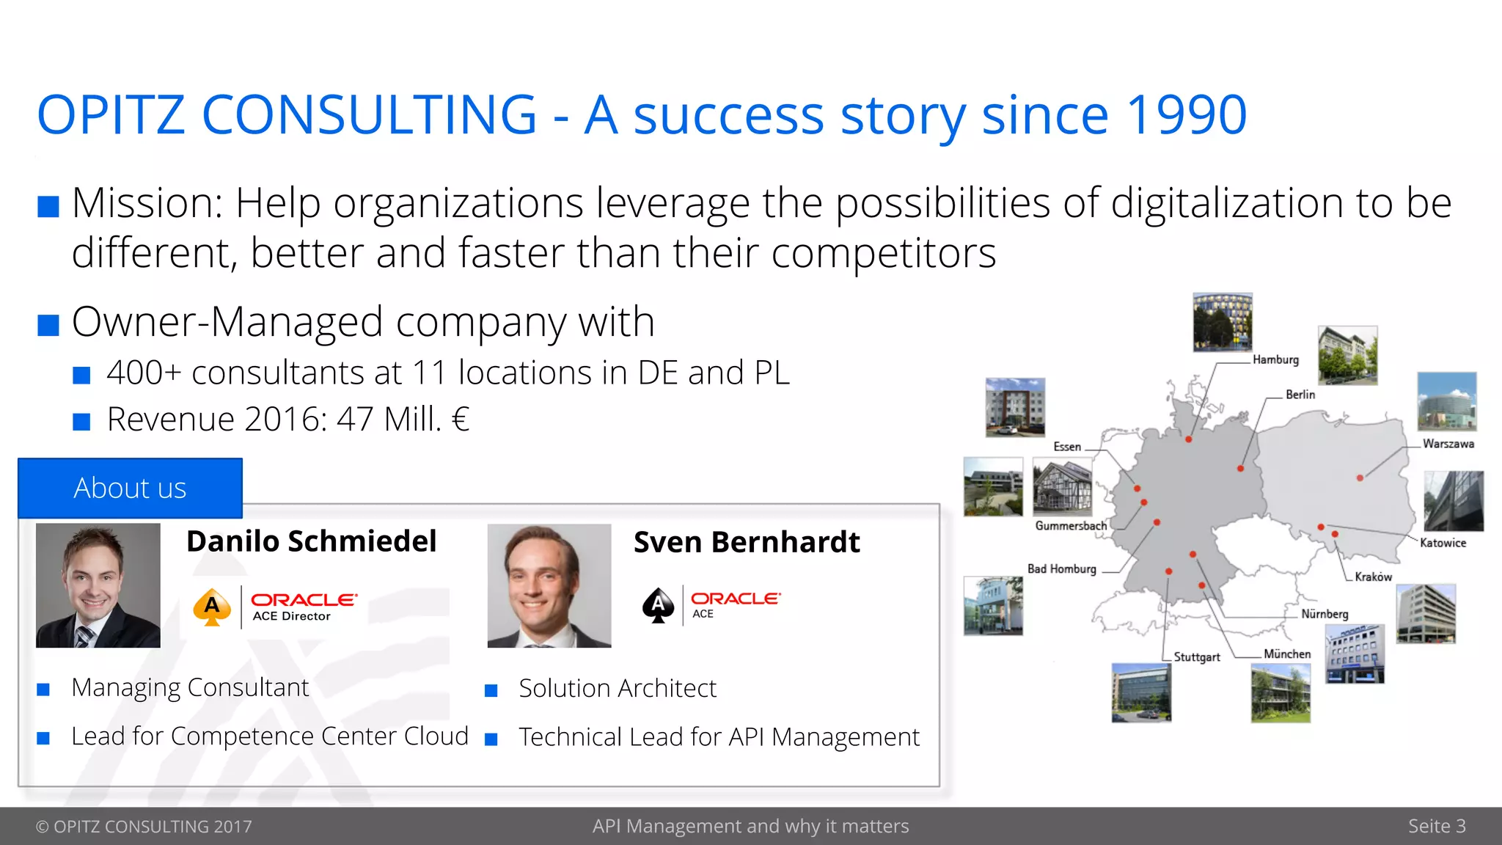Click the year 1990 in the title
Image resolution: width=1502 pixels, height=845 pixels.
pyautogui.click(x=1186, y=116)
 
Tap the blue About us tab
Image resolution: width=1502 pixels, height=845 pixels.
pyautogui.click(x=130, y=489)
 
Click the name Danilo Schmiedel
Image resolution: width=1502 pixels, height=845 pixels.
pyautogui.click(x=311, y=541)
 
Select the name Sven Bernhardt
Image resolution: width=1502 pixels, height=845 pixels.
pyautogui.click(x=746, y=543)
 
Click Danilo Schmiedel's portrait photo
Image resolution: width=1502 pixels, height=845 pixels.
pyautogui.click(x=98, y=585)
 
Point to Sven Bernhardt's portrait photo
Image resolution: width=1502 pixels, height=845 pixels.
pyautogui.click(x=549, y=585)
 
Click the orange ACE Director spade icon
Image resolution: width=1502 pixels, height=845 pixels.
pyautogui.click(x=212, y=607)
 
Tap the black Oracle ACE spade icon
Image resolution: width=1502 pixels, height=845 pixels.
pyautogui.click(x=658, y=605)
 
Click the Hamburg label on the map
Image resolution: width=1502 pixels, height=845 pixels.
pyautogui.click(x=1275, y=359)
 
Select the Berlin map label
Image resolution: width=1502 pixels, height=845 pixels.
pyautogui.click(x=1300, y=395)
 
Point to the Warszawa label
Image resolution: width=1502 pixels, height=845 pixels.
pyautogui.click(x=1448, y=444)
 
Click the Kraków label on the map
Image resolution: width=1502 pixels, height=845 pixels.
pyautogui.click(x=1373, y=577)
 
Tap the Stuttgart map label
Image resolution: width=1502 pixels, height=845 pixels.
pyautogui.click(x=1197, y=657)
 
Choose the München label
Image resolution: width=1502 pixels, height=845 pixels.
pyautogui.click(x=1287, y=654)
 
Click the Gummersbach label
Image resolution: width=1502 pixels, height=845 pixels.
pyautogui.click(x=1071, y=526)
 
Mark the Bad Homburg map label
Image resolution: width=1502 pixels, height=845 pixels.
pyautogui.click(x=1061, y=569)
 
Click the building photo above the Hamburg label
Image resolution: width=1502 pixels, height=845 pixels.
pyautogui.click(x=1222, y=322)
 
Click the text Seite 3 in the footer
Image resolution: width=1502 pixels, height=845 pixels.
pyautogui.click(x=1436, y=826)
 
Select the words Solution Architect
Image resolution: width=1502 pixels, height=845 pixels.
pyautogui.click(x=617, y=689)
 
